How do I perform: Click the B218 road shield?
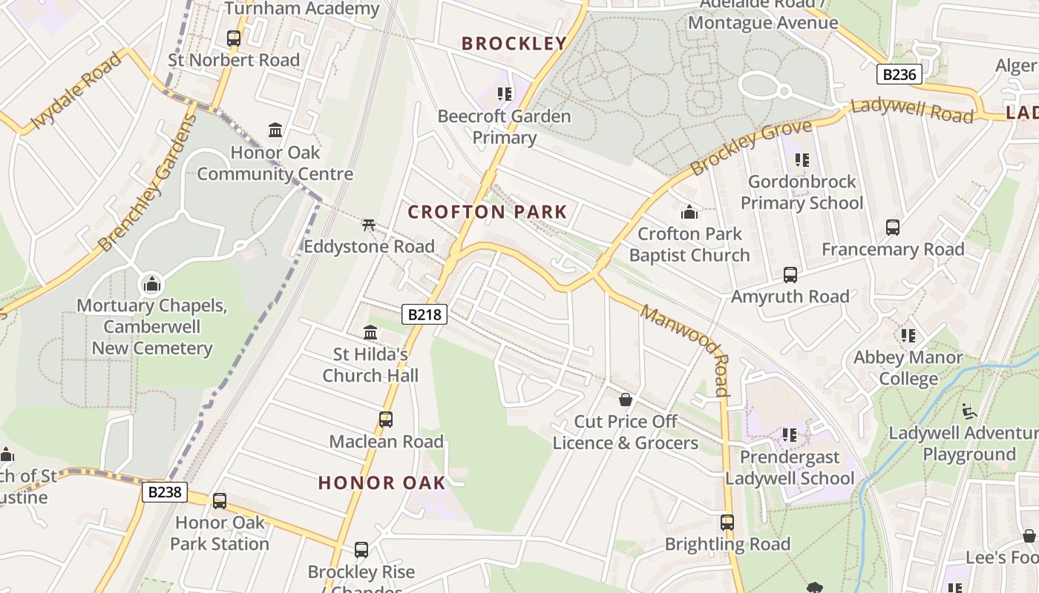pos(425,314)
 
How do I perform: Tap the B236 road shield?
pos(899,74)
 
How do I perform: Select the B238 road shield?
pos(164,492)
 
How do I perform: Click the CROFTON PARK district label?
pos(487,212)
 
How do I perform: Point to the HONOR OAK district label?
pos(382,483)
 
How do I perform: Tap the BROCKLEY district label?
pos(514,43)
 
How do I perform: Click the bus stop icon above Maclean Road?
pos(386,420)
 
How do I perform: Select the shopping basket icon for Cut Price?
pos(626,400)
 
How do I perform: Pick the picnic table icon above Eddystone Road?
pos(369,225)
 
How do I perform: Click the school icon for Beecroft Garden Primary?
pos(505,94)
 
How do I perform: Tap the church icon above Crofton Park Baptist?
pos(689,212)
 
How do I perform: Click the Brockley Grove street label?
pos(750,148)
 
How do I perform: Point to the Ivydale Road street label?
pos(76,90)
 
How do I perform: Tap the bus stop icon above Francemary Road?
pos(892,228)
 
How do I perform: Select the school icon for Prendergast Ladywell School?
pos(790,435)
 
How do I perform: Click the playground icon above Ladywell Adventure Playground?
pos(969,411)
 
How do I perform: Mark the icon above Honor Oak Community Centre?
pos(275,130)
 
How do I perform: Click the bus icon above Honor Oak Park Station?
pos(219,500)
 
